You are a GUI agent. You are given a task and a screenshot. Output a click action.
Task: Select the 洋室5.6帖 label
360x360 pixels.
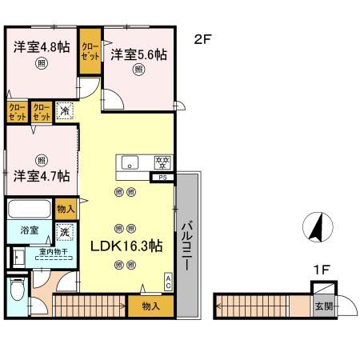click(x=139, y=54)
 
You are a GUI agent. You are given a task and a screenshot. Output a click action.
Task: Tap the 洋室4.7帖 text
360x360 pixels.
click(x=41, y=174)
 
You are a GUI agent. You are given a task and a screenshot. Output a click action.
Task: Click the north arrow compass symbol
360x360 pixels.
click(x=316, y=228)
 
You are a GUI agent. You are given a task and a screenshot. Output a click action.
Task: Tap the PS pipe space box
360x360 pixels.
click(x=164, y=178)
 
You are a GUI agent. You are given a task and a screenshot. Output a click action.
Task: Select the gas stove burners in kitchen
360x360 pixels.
click(x=162, y=162)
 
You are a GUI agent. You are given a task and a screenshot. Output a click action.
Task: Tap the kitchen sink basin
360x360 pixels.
click(x=130, y=163)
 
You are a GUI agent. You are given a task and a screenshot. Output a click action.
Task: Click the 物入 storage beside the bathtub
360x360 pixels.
click(x=66, y=210)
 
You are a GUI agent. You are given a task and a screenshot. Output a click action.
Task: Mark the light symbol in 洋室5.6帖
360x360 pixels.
click(x=139, y=70)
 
